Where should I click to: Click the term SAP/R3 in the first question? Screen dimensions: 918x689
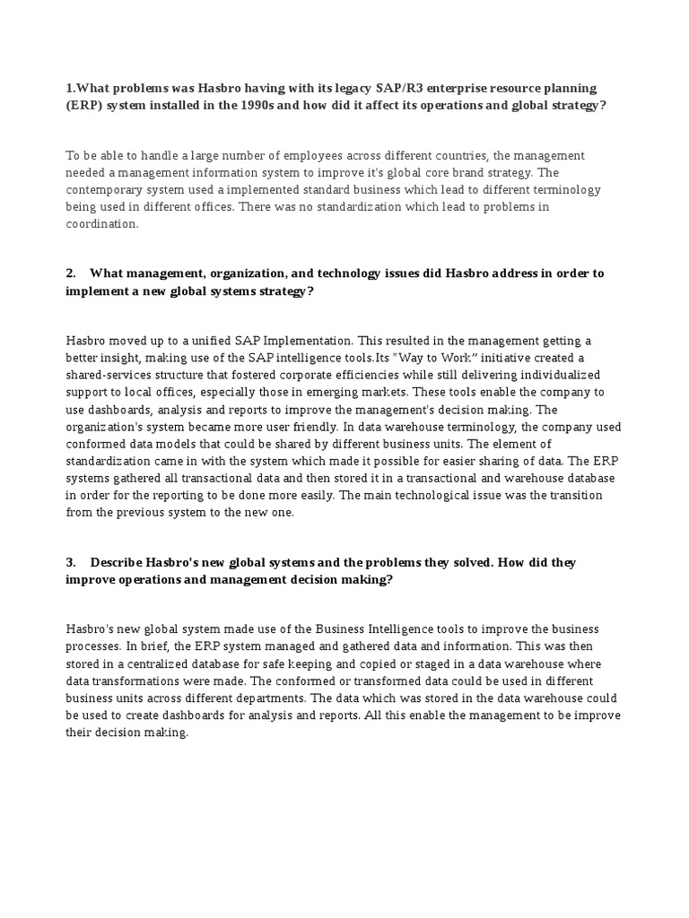(399, 89)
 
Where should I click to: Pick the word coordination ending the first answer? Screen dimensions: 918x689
(101, 224)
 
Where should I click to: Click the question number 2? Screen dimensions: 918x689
(70, 273)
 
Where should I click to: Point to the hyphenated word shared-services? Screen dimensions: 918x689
(109, 375)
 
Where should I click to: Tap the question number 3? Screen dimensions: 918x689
(70, 562)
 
